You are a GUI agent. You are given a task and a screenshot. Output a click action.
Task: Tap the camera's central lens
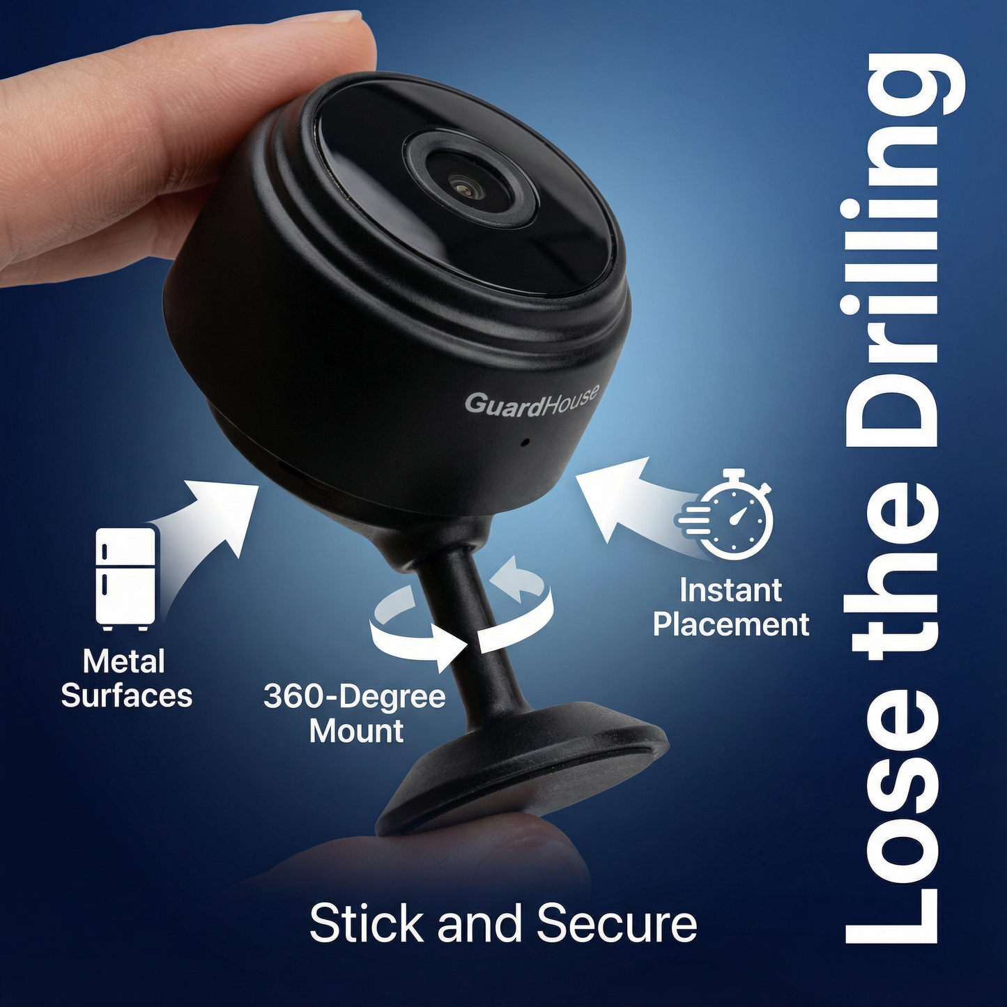(x=461, y=185)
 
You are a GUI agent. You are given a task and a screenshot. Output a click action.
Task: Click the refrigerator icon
(x=125, y=577)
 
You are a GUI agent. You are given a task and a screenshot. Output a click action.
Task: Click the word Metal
(x=123, y=661)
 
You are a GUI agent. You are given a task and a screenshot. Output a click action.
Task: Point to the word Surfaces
(x=126, y=695)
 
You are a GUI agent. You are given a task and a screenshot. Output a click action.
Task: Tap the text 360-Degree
(x=354, y=696)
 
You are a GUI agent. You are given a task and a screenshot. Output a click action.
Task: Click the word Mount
(x=356, y=731)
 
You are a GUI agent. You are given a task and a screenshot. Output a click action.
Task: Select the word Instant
(x=730, y=590)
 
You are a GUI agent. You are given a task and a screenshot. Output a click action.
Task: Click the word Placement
(x=731, y=624)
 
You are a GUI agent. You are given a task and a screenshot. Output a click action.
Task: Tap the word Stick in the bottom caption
(x=367, y=923)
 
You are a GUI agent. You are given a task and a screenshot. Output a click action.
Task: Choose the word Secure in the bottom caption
(x=617, y=923)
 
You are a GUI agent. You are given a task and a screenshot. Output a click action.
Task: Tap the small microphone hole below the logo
(x=525, y=441)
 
